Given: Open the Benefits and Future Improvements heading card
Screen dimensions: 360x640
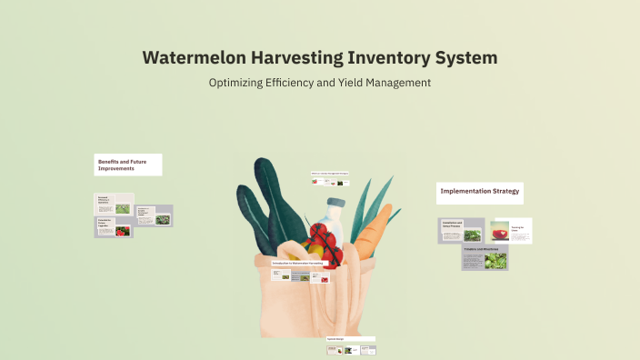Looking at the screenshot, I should [128, 165].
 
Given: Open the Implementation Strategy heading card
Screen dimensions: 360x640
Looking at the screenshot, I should [480, 192].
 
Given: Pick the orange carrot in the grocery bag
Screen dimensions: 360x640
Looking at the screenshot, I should [372, 233].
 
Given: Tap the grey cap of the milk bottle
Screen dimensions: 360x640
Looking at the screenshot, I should [335, 203].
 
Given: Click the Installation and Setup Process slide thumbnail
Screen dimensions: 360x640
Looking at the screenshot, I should [462, 231].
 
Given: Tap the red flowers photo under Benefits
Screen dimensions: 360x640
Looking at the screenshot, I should [122, 231].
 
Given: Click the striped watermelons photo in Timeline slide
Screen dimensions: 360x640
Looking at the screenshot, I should [495, 262].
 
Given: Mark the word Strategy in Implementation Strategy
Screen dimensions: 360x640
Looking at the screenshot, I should [503, 192].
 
